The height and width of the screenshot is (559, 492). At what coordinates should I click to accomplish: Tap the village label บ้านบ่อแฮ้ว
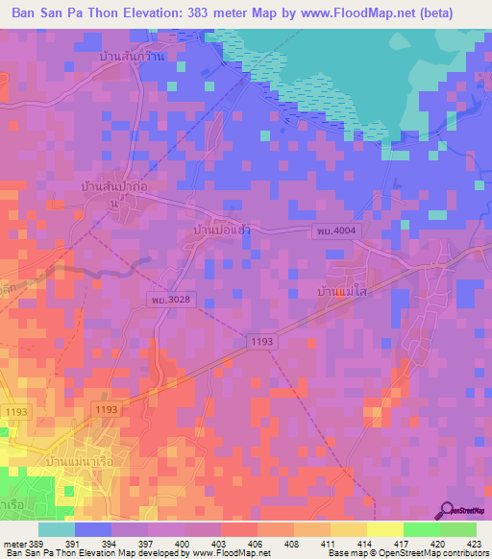click(x=223, y=231)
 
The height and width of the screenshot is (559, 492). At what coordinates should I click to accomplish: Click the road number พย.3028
click(x=169, y=301)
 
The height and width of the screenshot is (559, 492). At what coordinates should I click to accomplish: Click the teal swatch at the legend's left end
click(x=57, y=529)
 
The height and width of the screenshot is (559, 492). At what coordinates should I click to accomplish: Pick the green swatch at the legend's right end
click(x=458, y=529)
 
